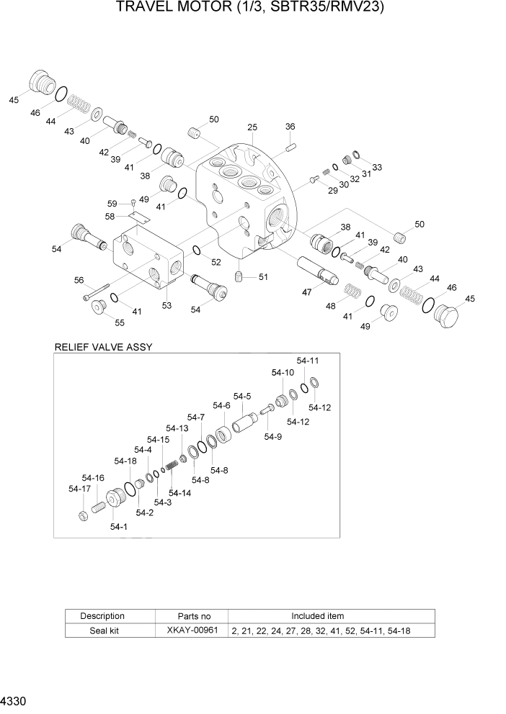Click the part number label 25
click(252, 127)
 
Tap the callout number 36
click(290, 127)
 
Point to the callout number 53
click(167, 306)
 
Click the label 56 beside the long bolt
click(79, 281)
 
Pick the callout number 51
click(263, 276)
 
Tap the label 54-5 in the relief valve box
click(241, 396)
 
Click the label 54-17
click(79, 489)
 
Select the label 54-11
click(307, 360)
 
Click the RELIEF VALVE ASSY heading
click(103, 347)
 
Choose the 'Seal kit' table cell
click(102, 631)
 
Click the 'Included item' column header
click(317, 616)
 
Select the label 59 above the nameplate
click(112, 203)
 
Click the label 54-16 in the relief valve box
click(93, 477)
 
